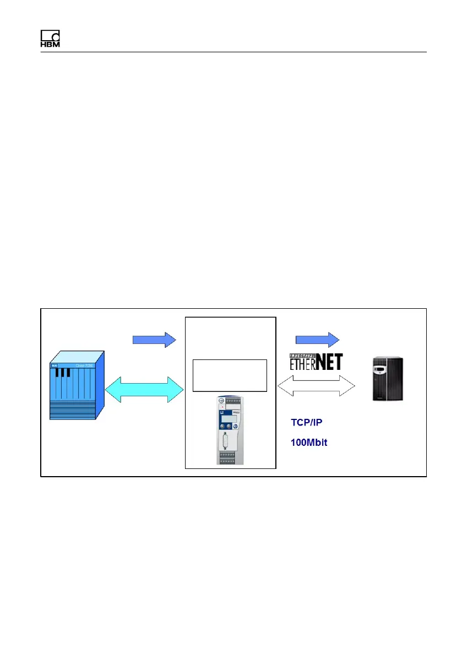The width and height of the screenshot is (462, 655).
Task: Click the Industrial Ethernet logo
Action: click(316, 361)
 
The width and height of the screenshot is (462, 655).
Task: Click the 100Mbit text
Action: click(309, 443)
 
